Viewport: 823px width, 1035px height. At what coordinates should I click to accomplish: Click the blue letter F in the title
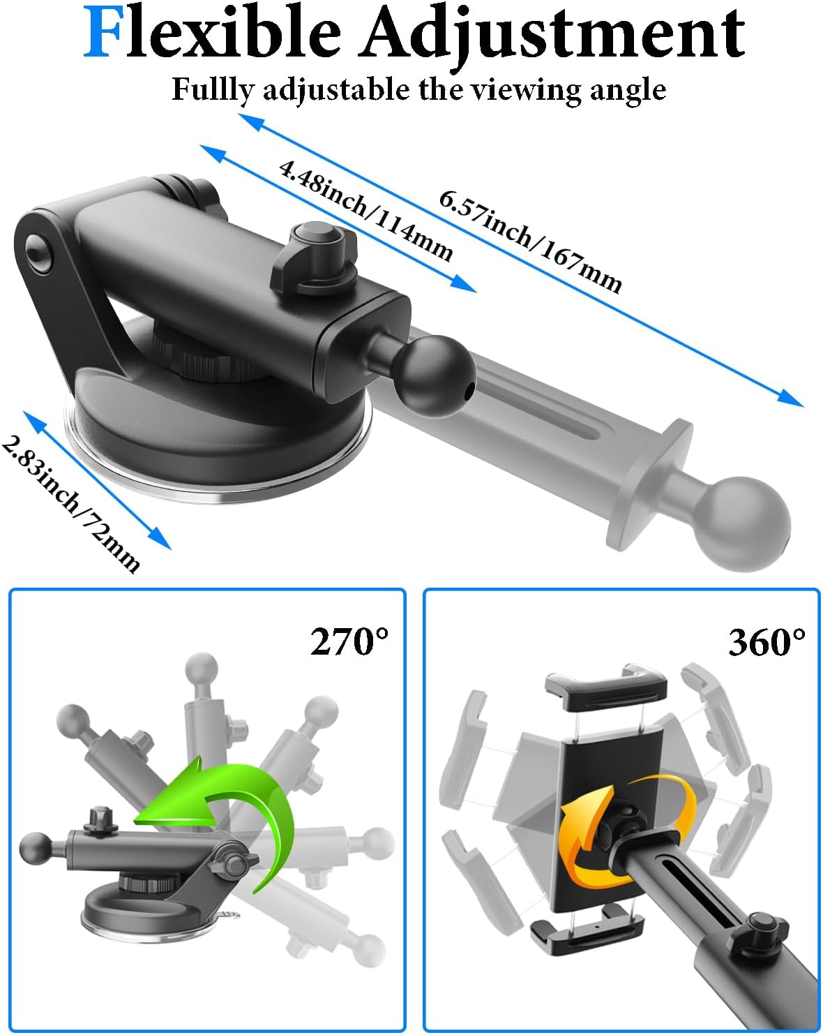point(102,33)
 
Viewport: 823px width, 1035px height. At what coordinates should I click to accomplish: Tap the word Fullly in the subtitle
point(212,90)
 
